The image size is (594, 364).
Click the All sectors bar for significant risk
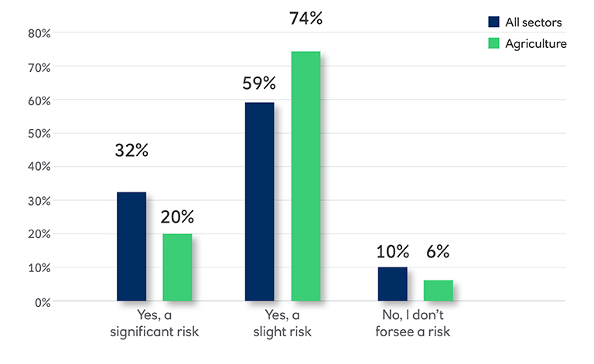point(131,246)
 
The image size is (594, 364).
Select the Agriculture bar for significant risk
point(177,267)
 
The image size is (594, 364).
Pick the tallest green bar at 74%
point(306,176)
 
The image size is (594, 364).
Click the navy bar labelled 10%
point(392,284)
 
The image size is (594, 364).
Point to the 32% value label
point(131,151)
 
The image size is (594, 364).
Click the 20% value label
point(177,216)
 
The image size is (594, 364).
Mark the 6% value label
point(437,251)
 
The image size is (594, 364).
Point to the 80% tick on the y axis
point(39,33)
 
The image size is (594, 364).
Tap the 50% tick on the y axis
point(39,134)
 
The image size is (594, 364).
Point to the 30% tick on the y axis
point(39,201)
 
